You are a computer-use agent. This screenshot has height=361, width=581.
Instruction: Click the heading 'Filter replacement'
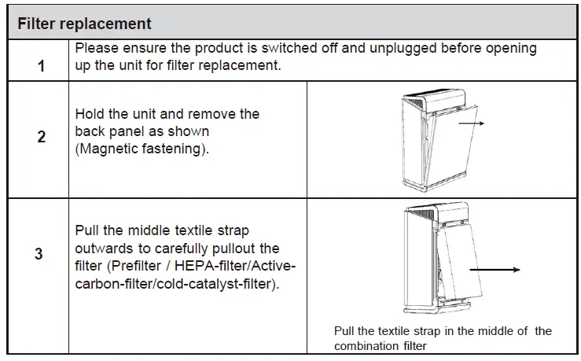pos(84,24)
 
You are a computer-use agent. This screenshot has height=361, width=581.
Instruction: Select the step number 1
pos(41,65)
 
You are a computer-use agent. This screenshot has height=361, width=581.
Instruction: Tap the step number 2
pos(41,137)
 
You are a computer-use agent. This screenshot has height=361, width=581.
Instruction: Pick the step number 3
pos(39,255)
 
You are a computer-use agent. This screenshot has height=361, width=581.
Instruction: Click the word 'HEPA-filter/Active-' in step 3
pos(237,266)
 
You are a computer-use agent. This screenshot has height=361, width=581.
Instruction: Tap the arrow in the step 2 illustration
pos(473,123)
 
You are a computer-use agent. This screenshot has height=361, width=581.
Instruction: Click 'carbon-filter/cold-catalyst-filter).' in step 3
pos(176,283)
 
